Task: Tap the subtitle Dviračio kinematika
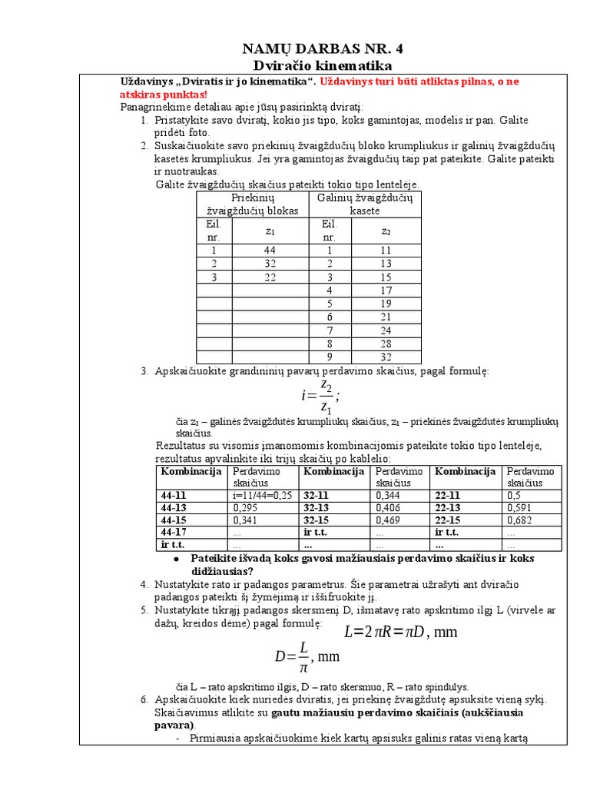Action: pyautogui.click(x=317, y=66)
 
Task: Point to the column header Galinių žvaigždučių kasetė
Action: pyautogui.click(x=365, y=204)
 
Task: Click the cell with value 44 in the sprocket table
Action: pyautogui.click(x=269, y=251)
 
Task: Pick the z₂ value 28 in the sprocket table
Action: pyautogui.click(x=386, y=344)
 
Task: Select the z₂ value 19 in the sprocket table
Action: pyautogui.click(x=386, y=304)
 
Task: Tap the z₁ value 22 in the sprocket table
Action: pyautogui.click(x=269, y=277)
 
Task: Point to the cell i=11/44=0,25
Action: pyautogui.click(x=261, y=496)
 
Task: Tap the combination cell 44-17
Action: pyautogui.click(x=174, y=532)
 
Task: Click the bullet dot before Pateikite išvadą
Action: pyautogui.click(x=176, y=559)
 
